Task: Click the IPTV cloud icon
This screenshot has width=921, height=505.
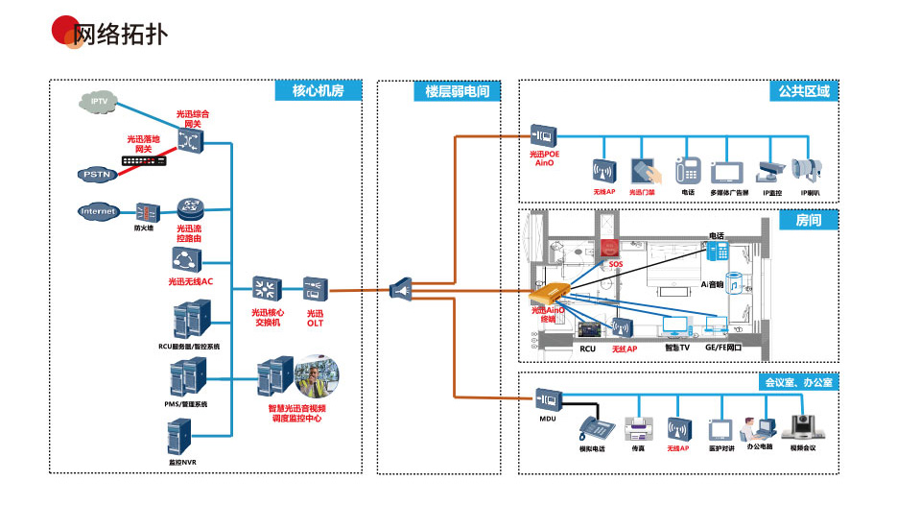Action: pos(99,101)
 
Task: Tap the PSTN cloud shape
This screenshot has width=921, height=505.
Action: pos(97,174)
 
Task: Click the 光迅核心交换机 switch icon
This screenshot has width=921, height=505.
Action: pos(266,288)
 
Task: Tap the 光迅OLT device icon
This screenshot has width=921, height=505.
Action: pos(316,288)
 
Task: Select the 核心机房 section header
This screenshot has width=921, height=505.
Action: pos(318,91)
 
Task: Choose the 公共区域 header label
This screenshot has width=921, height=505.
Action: pos(804,91)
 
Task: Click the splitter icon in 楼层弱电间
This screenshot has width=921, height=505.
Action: pos(403,288)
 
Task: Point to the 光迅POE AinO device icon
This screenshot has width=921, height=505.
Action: pos(545,134)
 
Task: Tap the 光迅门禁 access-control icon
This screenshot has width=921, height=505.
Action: pos(643,171)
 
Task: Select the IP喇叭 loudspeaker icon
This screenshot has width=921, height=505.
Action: pos(805,171)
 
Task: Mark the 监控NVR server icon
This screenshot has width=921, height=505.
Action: pos(182,439)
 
